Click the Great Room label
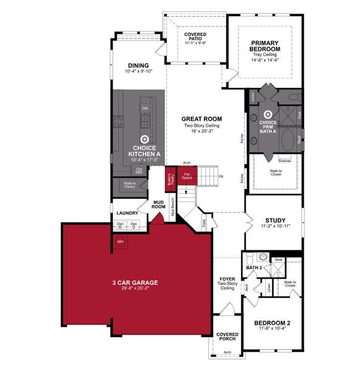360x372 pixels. click(201, 118)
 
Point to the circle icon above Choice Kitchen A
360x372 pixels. click(144, 140)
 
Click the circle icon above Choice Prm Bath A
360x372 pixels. click(268, 114)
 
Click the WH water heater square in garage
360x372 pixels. click(121, 241)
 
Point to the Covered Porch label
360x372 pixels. click(227, 337)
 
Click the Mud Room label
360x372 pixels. click(159, 203)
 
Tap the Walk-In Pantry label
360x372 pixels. click(130, 185)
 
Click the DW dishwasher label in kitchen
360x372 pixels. click(144, 108)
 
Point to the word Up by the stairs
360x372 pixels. click(221, 176)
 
